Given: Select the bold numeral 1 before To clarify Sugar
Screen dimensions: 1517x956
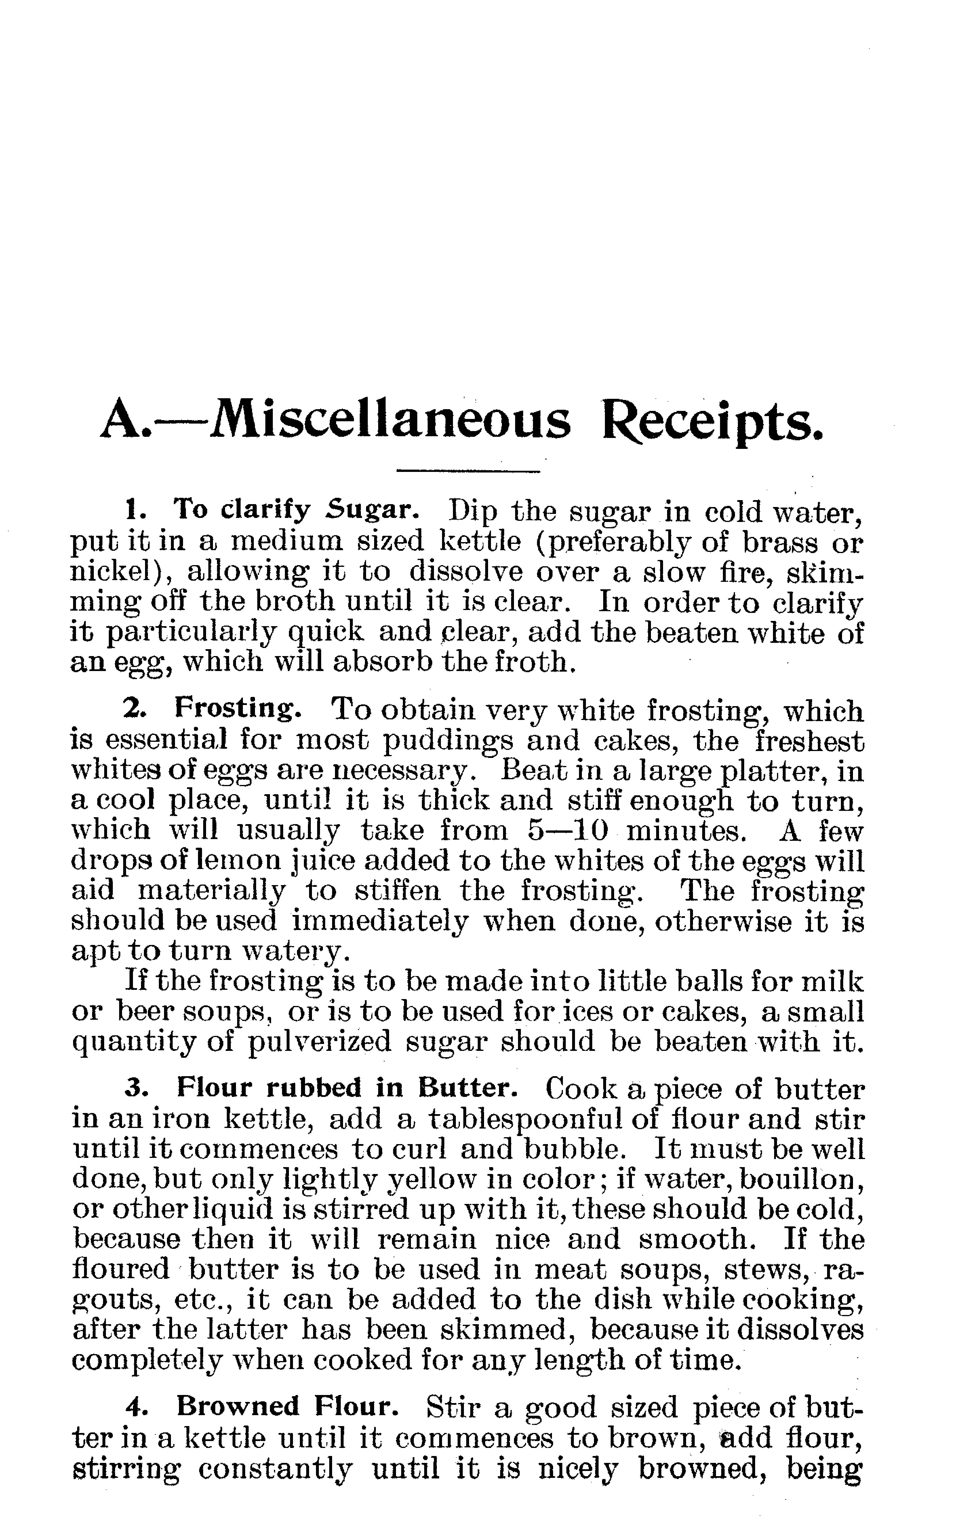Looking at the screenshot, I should [131, 509].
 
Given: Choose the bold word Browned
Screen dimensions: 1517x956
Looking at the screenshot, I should [238, 1406].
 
